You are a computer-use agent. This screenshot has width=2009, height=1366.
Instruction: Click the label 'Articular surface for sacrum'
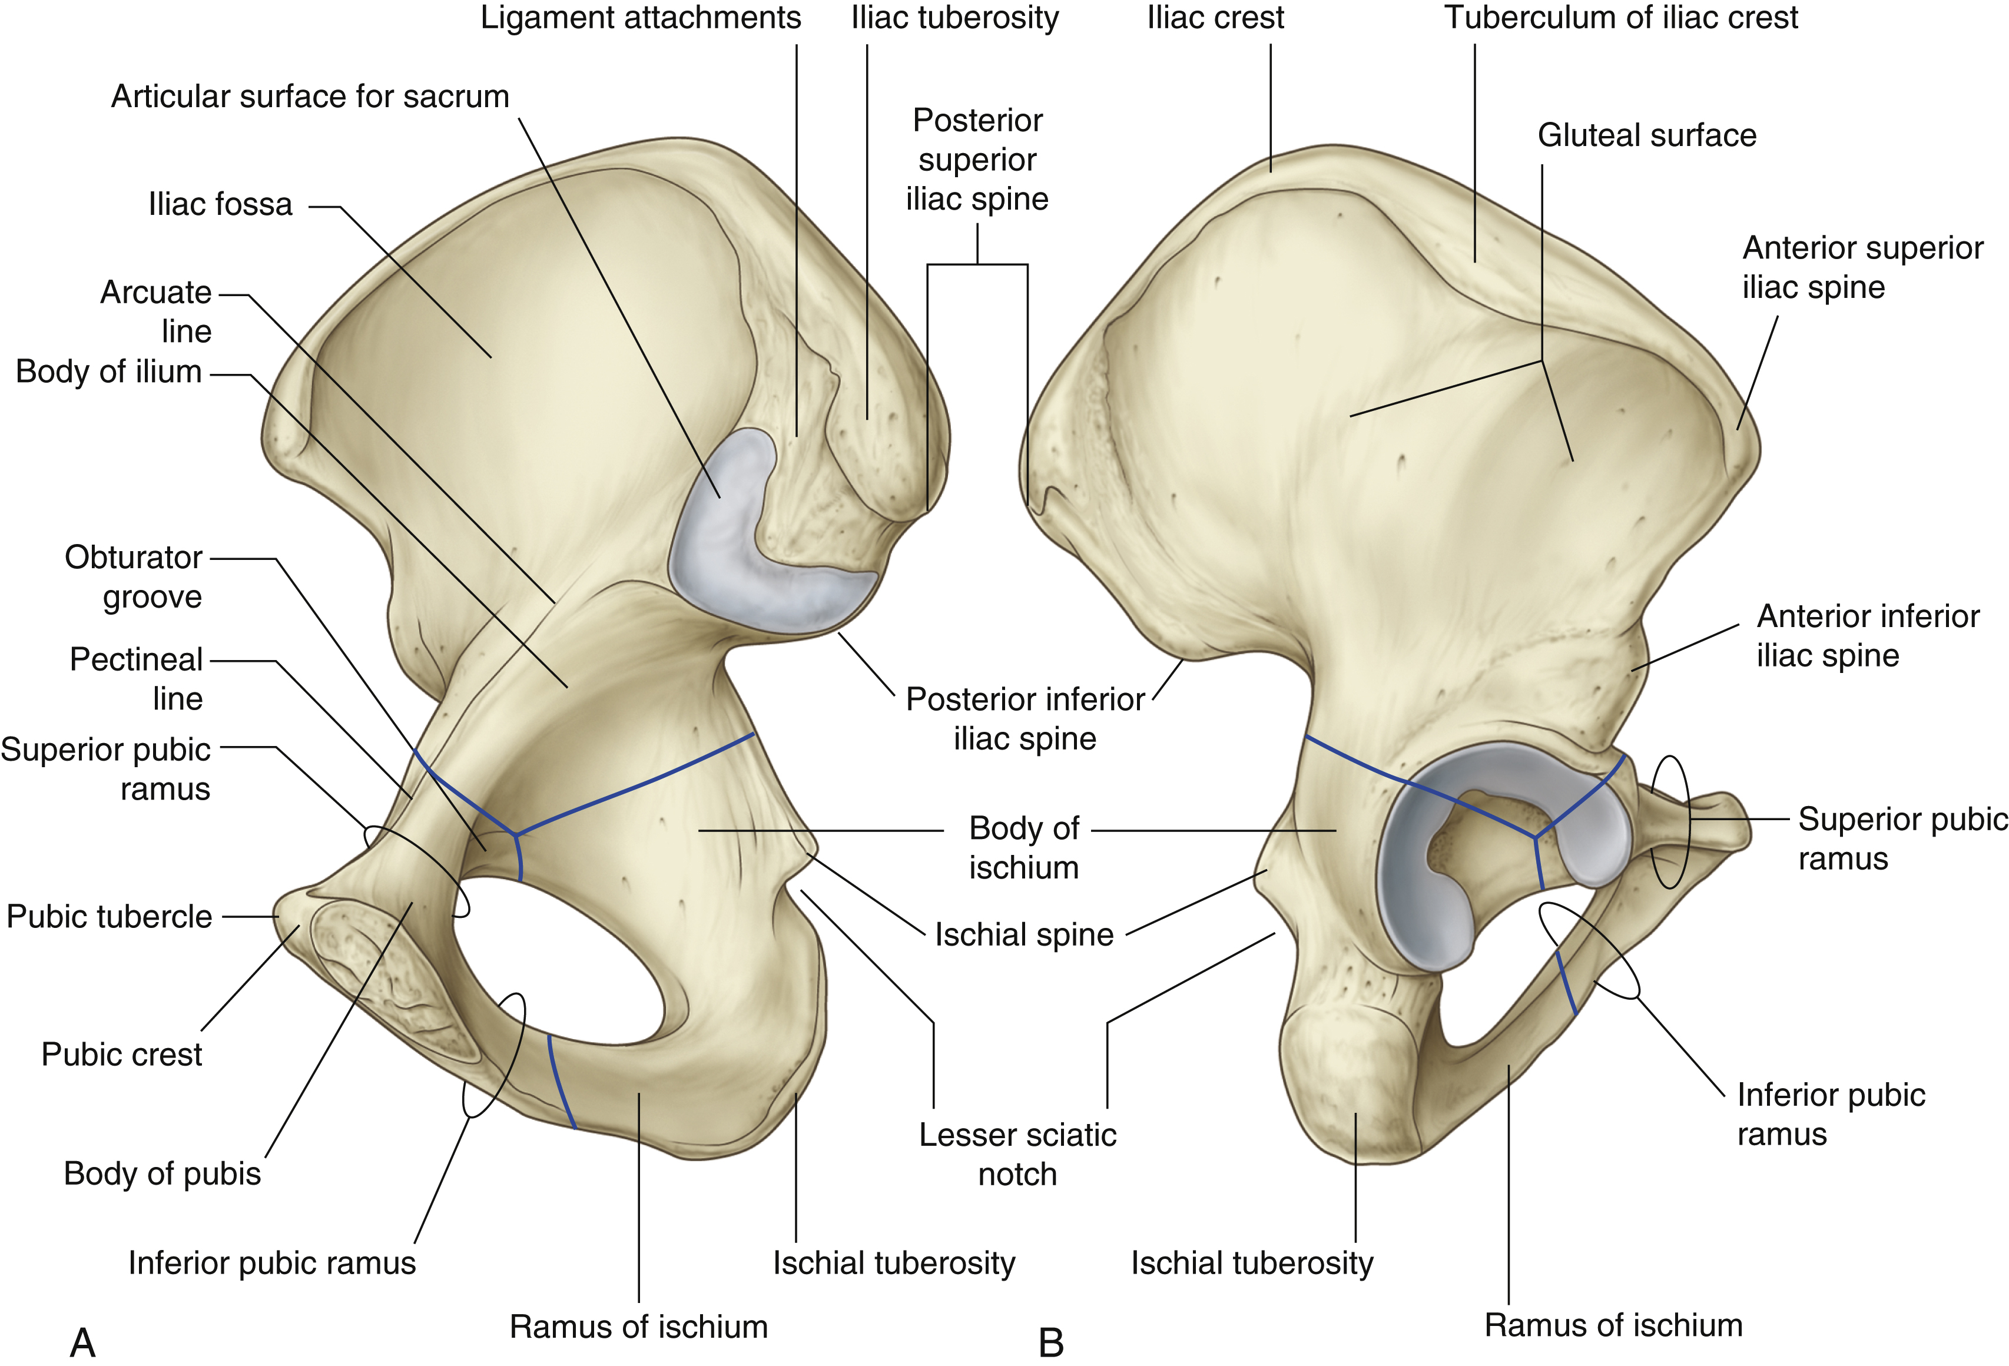pyautogui.click(x=310, y=96)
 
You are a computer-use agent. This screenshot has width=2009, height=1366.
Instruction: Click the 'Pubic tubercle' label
pyautogui.click(x=109, y=916)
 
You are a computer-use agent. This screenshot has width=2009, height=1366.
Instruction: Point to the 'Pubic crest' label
pyautogui.click(x=121, y=1055)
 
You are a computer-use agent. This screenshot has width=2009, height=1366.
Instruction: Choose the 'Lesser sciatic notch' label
pyautogui.click(x=1017, y=1154)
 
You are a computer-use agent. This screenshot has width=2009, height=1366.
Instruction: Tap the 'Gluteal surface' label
pyautogui.click(x=1647, y=136)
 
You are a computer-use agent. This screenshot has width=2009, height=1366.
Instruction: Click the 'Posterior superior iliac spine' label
pyautogui.click(x=977, y=160)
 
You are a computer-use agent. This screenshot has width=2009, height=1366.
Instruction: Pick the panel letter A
pyautogui.click(x=82, y=1342)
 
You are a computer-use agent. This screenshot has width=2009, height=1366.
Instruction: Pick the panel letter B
pyautogui.click(x=1051, y=1342)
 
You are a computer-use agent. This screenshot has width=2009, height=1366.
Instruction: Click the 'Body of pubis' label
pyautogui.click(x=163, y=1174)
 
